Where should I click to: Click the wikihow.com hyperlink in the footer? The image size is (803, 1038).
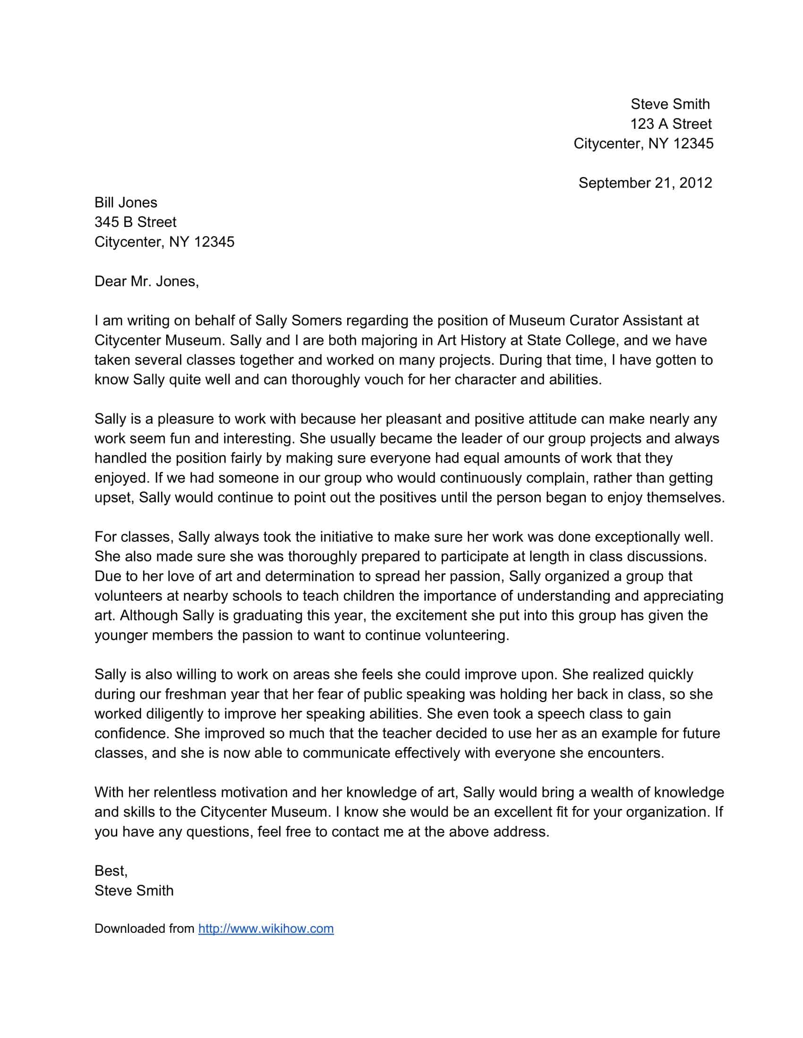[266, 929]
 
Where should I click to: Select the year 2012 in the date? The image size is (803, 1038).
[695, 183]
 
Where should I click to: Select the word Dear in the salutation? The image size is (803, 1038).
[110, 281]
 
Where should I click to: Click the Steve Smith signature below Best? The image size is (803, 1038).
[134, 891]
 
